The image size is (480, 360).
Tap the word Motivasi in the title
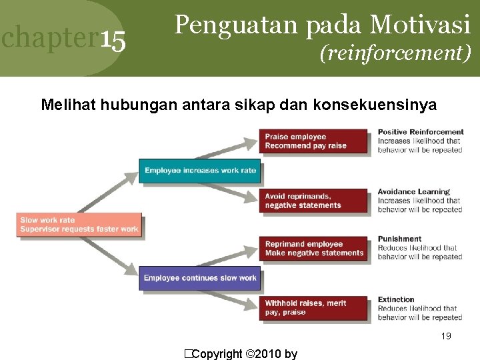click(420, 25)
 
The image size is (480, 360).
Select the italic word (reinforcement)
click(395, 52)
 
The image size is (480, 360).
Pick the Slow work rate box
click(79, 225)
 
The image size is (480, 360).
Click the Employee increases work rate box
click(200, 171)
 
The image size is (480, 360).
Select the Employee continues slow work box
click(200, 278)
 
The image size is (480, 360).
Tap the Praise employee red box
click(313, 141)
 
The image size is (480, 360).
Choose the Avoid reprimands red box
click(313, 201)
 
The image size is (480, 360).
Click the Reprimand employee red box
click(313, 248)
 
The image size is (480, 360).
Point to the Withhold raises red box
click(313, 307)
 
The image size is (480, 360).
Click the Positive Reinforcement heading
click(420, 132)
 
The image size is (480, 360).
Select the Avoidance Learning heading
click(413, 192)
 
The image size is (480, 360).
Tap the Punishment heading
click(399, 239)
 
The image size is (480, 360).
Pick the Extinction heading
click(396, 299)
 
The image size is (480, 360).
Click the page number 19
click(446, 336)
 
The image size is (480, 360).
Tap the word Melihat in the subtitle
click(65, 104)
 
